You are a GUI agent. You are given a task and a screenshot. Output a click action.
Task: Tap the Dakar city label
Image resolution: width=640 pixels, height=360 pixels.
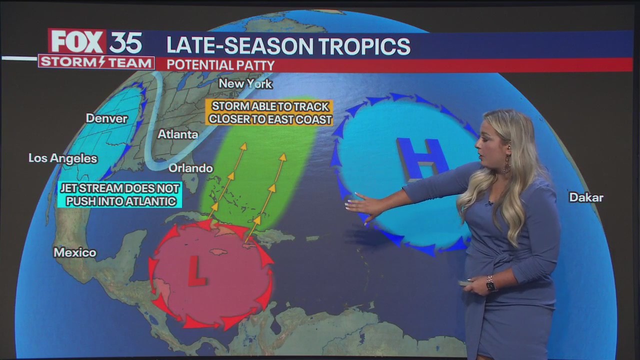[586, 197]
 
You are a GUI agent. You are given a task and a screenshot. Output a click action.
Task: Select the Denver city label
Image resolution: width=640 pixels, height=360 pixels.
[106, 118]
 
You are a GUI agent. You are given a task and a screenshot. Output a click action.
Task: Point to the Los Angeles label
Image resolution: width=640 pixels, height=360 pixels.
[62, 158]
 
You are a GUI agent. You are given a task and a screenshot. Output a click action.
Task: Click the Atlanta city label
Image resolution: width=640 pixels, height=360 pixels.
[177, 134]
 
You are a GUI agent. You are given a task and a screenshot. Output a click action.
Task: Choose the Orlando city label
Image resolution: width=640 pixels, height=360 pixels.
[190, 168]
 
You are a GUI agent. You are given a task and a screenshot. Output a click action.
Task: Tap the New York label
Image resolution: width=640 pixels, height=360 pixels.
[245, 83]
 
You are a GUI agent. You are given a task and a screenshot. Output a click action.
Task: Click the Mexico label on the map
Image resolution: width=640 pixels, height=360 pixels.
[75, 252]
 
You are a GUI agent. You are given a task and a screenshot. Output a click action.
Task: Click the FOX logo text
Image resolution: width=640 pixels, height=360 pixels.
[77, 42]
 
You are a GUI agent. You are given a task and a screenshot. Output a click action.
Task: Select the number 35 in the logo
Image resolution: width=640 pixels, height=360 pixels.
[125, 42]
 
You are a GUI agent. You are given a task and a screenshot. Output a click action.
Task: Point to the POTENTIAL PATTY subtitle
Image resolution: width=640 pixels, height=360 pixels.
[220, 65]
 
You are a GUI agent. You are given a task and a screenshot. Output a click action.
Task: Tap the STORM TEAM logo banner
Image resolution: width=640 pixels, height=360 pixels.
[96, 62]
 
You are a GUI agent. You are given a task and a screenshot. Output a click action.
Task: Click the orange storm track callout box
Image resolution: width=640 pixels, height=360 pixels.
[270, 112]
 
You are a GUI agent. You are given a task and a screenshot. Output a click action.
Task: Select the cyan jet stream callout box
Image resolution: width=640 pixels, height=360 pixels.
[119, 195]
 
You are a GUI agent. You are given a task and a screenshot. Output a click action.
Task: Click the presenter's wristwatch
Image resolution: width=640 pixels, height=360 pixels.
[490, 284]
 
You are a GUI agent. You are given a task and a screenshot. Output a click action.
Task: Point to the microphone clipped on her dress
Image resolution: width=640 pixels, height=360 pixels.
[489, 203]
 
